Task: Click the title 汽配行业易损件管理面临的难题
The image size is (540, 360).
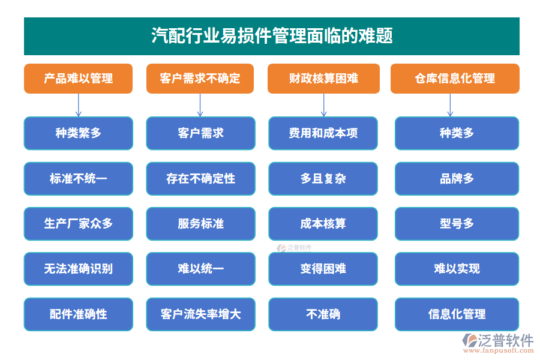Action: pos(271,36)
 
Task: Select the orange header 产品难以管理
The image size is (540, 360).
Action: pos(78,79)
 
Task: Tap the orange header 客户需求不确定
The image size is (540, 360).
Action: pos(200,79)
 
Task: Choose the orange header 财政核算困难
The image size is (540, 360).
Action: pos(323,79)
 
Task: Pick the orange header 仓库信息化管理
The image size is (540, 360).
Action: pos(455,79)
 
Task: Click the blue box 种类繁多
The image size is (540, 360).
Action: pos(78,133)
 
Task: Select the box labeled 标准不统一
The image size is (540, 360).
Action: pos(78,178)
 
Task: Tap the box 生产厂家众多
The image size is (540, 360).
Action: pos(78,224)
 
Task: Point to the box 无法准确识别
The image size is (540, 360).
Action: pos(78,269)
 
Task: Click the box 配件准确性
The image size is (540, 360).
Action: pos(78,314)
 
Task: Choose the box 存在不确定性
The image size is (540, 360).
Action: pos(200,178)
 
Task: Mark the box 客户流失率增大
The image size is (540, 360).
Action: pos(200,314)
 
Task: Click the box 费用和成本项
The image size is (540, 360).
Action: pos(323,133)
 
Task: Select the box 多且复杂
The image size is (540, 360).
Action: pos(323,178)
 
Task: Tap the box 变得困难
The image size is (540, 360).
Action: pos(323,269)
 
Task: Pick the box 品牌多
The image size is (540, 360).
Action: pos(457,178)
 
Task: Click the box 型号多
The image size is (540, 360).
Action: pos(457,224)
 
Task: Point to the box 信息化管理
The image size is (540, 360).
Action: pos(457,314)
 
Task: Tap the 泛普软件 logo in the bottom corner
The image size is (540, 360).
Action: pos(497,343)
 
